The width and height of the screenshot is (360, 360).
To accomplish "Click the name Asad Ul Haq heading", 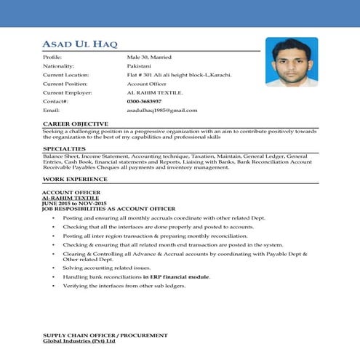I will (85, 45).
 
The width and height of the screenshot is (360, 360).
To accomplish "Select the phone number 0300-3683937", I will (144, 101).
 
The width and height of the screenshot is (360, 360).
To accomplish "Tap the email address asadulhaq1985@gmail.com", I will (161, 110).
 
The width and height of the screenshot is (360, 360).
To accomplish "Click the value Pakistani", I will (140, 65).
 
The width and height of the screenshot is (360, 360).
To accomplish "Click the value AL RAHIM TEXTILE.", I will (155, 92).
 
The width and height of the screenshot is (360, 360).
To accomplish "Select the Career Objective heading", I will (76, 124).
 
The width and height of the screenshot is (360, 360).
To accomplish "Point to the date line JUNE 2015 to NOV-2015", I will (75, 203).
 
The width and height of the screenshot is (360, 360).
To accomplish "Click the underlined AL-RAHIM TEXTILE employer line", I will (71, 198).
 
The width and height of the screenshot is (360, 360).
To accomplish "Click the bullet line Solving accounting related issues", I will (106, 268).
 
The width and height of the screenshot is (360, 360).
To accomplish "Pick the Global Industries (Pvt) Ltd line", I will (79, 340).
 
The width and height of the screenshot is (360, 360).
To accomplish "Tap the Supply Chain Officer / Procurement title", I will (105, 335).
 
